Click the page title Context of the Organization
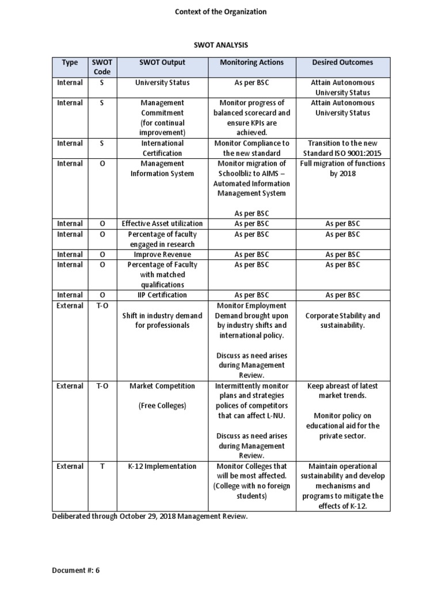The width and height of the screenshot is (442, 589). (x=221, y=12)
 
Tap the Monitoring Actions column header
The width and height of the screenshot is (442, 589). (x=252, y=62)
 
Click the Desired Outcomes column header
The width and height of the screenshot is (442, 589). (x=342, y=62)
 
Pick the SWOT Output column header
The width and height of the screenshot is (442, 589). (x=162, y=62)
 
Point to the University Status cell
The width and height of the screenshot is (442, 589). (x=162, y=83)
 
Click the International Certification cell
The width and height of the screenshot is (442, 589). (x=162, y=148)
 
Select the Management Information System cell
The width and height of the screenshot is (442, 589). (x=162, y=169)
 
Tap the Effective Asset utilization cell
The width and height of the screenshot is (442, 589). (x=162, y=224)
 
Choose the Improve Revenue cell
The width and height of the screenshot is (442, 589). (x=162, y=254)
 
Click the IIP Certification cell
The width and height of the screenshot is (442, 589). (x=162, y=295)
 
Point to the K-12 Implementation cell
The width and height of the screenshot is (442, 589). (x=162, y=466)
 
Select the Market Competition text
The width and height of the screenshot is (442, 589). (x=162, y=386)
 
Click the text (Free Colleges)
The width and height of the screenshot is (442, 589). (x=162, y=406)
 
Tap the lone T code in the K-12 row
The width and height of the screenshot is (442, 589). (x=102, y=466)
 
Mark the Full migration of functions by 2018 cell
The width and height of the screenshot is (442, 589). (x=342, y=169)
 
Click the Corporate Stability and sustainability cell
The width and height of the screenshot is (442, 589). (x=342, y=320)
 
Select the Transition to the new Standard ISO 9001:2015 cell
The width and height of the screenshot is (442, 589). (x=342, y=148)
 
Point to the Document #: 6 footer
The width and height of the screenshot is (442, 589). (x=76, y=571)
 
